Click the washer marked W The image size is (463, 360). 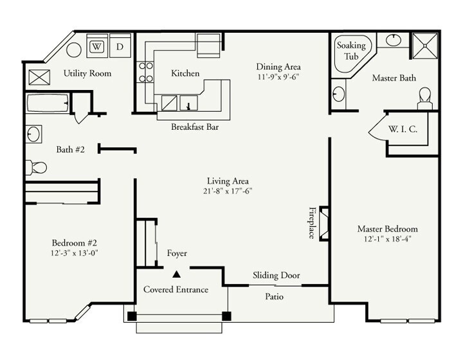pyautogui.click(x=97, y=47)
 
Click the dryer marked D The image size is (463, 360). pyautogui.click(x=120, y=47)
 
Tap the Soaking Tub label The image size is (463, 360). pyautogui.click(x=351, y=50)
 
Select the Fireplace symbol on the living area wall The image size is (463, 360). pyautogui.click(x=325, y=222)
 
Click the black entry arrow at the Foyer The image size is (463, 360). pyautogui.click(x=176, y=274)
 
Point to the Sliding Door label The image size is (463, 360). pyautogui.click(x=276, y=275)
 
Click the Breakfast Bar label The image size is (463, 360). pyautogui.click(x=195, y=127)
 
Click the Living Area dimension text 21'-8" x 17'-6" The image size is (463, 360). pyautogui.click(x=228, y=192)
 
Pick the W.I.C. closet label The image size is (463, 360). pyautogui.click(x=403, y=129)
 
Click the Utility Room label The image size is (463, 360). pyautogui.click(x=87, y=74)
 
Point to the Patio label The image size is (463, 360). pyautogui.click(x=275, y=297)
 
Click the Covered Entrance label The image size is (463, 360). pyautogui.click(x=176, y=289)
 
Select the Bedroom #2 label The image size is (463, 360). pyautogui.click(x=74, y=243)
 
